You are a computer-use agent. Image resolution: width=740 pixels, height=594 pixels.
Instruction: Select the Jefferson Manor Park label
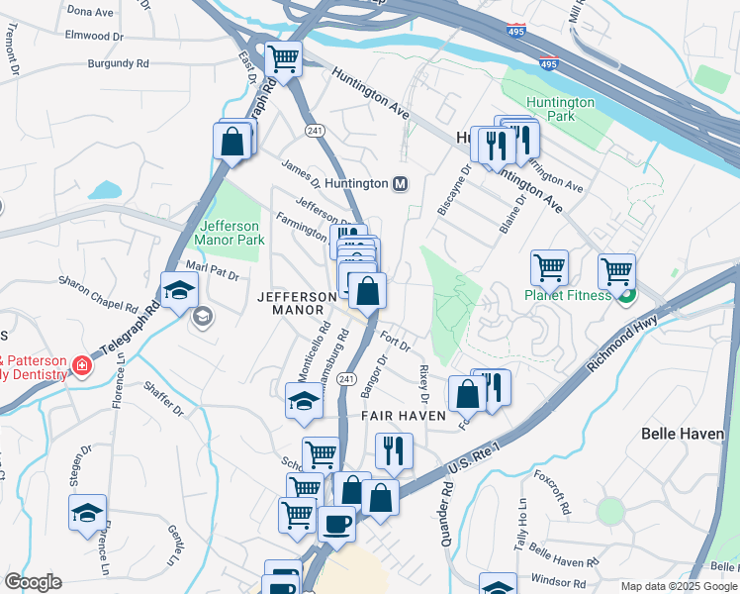(230, 232)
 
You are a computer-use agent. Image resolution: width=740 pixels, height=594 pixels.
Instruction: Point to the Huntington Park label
(560, 109)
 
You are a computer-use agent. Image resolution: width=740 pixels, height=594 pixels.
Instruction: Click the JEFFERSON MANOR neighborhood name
(298, 303)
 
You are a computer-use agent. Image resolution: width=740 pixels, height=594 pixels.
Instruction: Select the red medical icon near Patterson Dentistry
(80, 368)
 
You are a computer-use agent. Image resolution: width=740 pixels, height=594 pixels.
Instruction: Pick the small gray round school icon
(203, 317)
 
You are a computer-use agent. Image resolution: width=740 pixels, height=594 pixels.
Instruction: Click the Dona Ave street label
(91, 11)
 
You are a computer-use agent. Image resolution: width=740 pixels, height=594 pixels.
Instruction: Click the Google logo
(33, 582)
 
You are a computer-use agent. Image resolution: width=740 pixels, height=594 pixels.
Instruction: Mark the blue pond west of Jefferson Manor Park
(104, 190)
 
